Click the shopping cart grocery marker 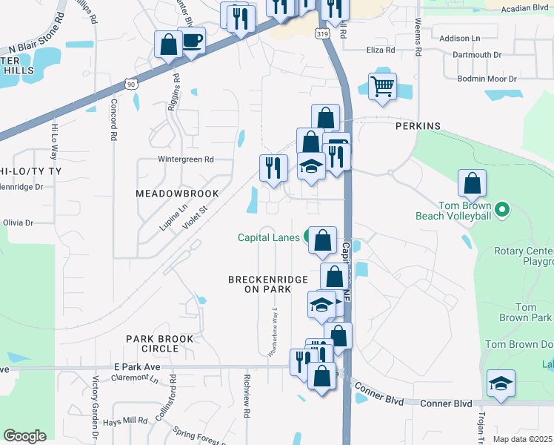382,86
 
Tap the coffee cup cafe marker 191,40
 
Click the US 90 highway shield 131,85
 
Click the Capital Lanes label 269,237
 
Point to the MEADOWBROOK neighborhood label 177,194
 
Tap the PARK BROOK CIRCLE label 159,343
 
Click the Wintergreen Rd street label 185,159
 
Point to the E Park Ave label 137,367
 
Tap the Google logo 24,436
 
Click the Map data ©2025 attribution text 522,439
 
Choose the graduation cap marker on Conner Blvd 501,383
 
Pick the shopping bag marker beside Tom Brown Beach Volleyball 472,183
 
